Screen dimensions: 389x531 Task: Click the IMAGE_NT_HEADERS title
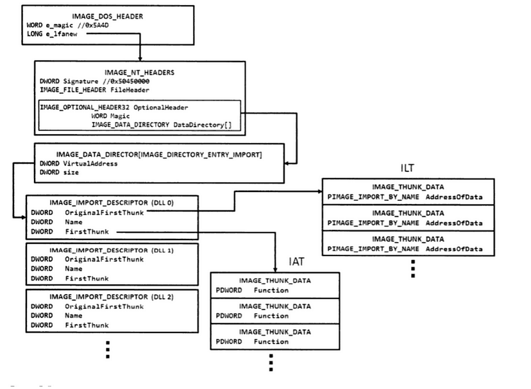point(139,73)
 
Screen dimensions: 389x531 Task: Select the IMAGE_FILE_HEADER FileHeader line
point(89,90)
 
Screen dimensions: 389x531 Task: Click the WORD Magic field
point(110,116)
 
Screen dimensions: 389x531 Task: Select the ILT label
point(407,168)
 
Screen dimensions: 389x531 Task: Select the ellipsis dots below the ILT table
point(413,268)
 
